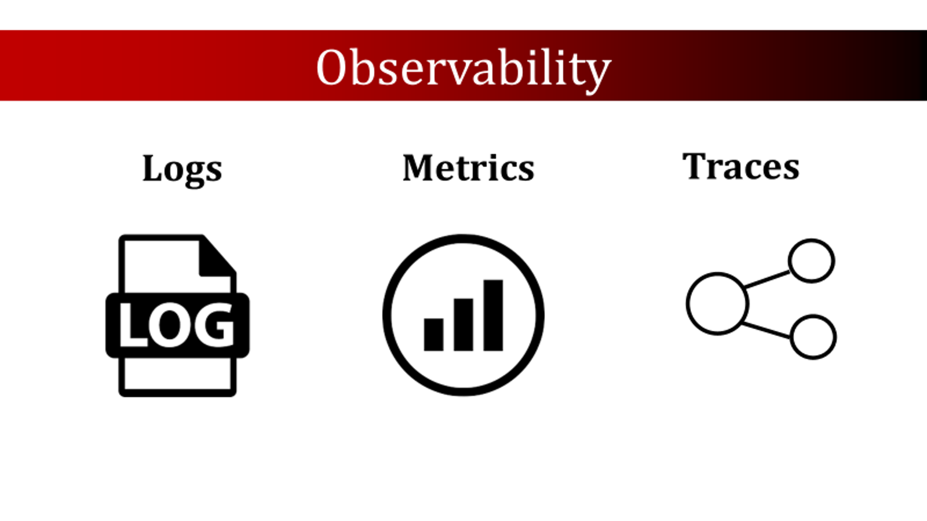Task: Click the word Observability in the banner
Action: click(463, 68)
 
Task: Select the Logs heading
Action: click(182, 170)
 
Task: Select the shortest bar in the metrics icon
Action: click(434, 335)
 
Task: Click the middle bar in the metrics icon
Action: click(463, 325)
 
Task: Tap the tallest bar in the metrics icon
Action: click(493, 315)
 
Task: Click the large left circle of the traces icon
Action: click(687, 303)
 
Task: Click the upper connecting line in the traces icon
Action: click(767, 279)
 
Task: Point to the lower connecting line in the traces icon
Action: click(766, 331)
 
